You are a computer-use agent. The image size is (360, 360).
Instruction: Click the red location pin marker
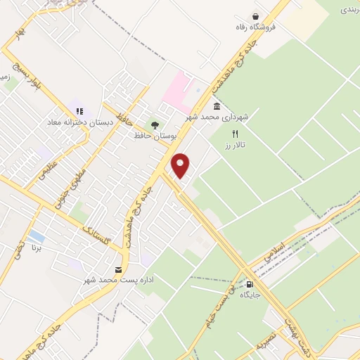181,165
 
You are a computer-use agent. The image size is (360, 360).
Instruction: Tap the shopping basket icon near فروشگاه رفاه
257,16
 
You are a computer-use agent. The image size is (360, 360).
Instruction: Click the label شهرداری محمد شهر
217,117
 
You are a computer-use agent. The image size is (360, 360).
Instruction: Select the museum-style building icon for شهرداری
217,106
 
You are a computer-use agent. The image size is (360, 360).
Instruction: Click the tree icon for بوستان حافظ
155,124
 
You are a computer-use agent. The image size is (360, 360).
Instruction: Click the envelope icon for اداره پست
117,269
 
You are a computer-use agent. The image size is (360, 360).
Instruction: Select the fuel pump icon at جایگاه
251,285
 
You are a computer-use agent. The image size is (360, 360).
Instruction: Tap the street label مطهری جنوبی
79,181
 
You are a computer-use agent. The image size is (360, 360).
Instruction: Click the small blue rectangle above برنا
37,236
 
